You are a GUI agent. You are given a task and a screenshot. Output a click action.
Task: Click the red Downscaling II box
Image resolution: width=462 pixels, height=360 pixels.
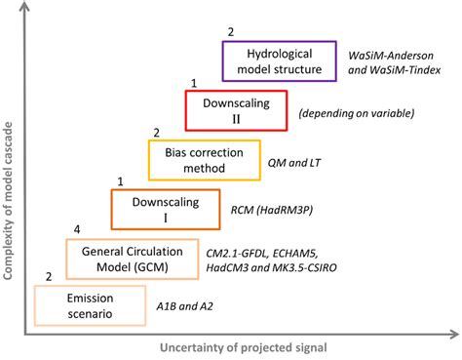coord(237,111)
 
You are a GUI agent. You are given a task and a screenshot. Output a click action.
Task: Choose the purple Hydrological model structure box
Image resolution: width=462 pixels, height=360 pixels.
coord(279,60)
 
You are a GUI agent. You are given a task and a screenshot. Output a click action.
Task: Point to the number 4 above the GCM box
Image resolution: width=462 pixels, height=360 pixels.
coord(79,228)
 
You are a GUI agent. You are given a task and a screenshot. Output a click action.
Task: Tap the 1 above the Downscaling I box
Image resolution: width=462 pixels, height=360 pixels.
coord(120,180)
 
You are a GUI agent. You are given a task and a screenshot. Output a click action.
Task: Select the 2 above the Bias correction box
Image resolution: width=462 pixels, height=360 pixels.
coord(157,132)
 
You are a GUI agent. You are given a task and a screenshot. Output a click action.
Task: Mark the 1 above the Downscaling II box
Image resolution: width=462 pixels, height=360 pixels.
coord(194,83)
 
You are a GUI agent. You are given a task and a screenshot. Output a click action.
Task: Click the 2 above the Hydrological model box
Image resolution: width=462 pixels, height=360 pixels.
coord(231,32)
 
